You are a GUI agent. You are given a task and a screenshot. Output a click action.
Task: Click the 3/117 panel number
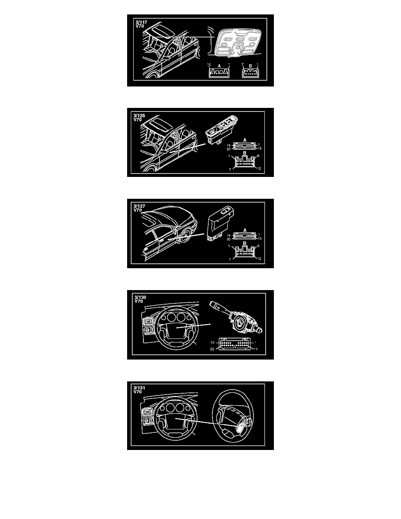pyautogui.click(x=141, y=23)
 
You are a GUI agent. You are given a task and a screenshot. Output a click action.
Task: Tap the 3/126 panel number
pyautogui.click(x=139, y=116)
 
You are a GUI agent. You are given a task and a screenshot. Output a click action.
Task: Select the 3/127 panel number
pyautogui.click(x=139, y=206)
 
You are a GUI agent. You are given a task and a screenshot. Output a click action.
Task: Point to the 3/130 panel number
pyautogui.click(x=140, y=297)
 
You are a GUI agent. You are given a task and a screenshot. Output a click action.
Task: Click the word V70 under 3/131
pyautogui.click(x=138, y=392)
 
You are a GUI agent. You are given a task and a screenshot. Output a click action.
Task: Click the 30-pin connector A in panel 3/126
pyautogui.click(x=245, y=146)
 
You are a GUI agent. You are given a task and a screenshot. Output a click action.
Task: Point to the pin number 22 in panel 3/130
pyautogui.click(x=212, y=349)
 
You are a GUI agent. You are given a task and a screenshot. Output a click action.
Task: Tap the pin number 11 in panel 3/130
pyautogui.click(x=256, y=349)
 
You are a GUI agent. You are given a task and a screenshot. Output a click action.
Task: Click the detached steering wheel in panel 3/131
pyautogui.click(x=234, y=416)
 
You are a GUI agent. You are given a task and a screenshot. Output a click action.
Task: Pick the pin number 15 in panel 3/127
pyautogui.click(x=259, y=239)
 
